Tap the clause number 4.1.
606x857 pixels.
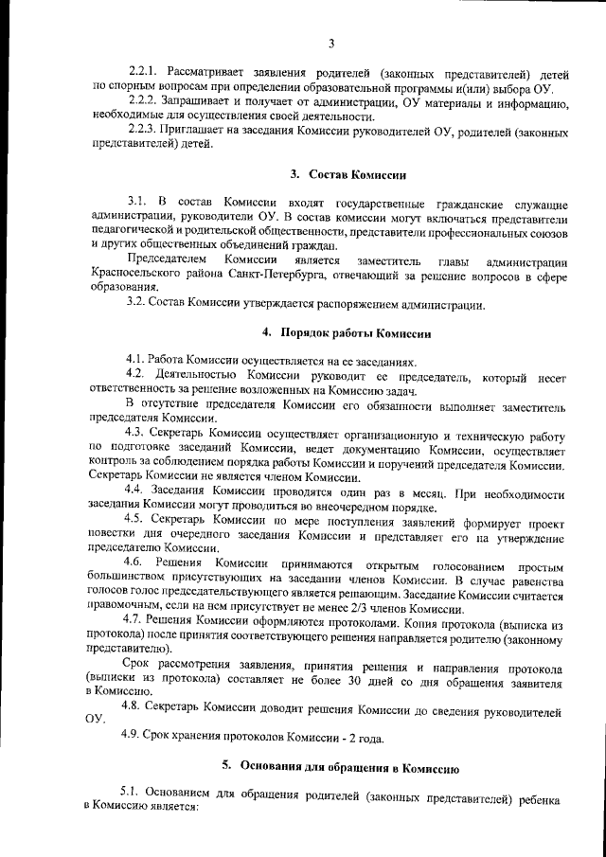[x=138, y=361]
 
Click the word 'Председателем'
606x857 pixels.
[x=167, y=259]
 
